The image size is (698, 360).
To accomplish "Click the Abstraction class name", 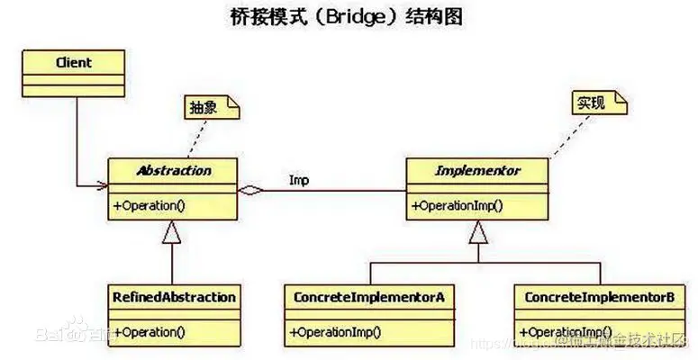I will (173, 170).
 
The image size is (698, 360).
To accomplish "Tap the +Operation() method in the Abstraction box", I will (150, 205).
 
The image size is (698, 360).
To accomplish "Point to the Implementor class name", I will (478, 170).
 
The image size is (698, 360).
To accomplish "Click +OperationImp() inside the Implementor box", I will (458, 205).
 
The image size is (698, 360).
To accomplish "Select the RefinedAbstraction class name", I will (175, 297).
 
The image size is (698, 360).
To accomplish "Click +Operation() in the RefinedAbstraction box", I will (150, 331).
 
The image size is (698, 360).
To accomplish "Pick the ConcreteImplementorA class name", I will (369, 297).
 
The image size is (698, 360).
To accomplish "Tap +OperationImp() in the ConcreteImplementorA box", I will (336, 331).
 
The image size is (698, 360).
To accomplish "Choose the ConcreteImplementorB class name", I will (599, 297).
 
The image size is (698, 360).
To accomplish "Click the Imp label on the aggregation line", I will (300, 179).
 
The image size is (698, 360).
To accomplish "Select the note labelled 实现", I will (594, 103).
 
